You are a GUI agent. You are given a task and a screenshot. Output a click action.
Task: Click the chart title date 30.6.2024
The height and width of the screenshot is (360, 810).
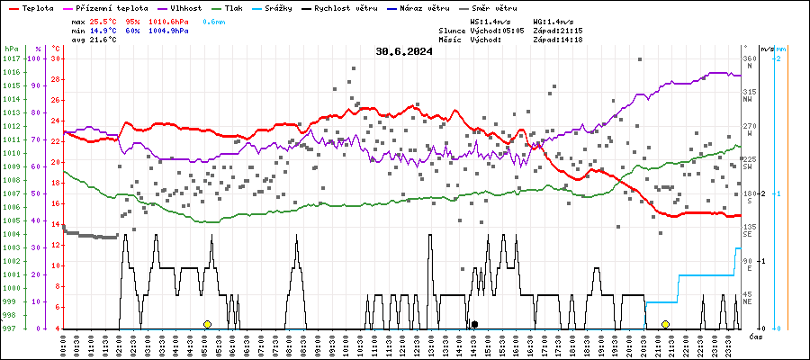click(x=404, y=51)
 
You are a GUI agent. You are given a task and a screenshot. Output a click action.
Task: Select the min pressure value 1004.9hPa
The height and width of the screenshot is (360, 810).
click(x=167, y=30)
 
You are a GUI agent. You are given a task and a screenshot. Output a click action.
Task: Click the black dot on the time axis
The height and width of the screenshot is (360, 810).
click(x=474, y=324)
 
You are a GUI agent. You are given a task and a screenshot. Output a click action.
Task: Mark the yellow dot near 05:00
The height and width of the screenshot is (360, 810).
click(x=207, y=324)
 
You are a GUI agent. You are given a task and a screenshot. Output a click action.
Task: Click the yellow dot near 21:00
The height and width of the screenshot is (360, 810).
click(x=665, y=324)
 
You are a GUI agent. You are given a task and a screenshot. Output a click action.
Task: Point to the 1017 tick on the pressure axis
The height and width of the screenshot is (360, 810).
click(x=11, y=58)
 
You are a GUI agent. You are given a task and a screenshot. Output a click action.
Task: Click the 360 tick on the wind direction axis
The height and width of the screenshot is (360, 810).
click(x=749, y=58)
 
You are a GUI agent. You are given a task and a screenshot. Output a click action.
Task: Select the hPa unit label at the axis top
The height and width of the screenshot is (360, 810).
click(x=11, y=48)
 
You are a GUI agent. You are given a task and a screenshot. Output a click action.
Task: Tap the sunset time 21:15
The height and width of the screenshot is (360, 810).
click(x=571, y=30)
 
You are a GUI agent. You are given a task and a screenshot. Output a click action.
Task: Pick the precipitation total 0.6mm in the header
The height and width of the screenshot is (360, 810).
click(x=214, y=20)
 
